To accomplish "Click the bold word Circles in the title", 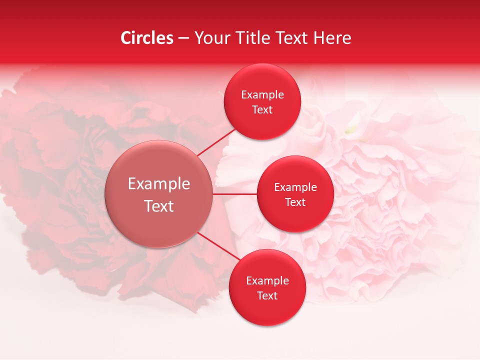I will coord(147,38).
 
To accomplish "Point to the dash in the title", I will coord(183,38).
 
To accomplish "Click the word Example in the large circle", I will coord(159,184).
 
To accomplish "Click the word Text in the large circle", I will coord(159,206).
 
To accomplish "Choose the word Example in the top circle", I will coord(262,95).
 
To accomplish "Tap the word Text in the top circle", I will coord(262,109).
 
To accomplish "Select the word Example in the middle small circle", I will coord(295,187).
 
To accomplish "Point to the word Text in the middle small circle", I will coord(295,202).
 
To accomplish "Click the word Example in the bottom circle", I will coord(267,281).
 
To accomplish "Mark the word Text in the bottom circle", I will coord(267,295).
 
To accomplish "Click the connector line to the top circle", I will coord(216,142).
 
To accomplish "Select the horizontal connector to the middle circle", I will coord(234,194).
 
